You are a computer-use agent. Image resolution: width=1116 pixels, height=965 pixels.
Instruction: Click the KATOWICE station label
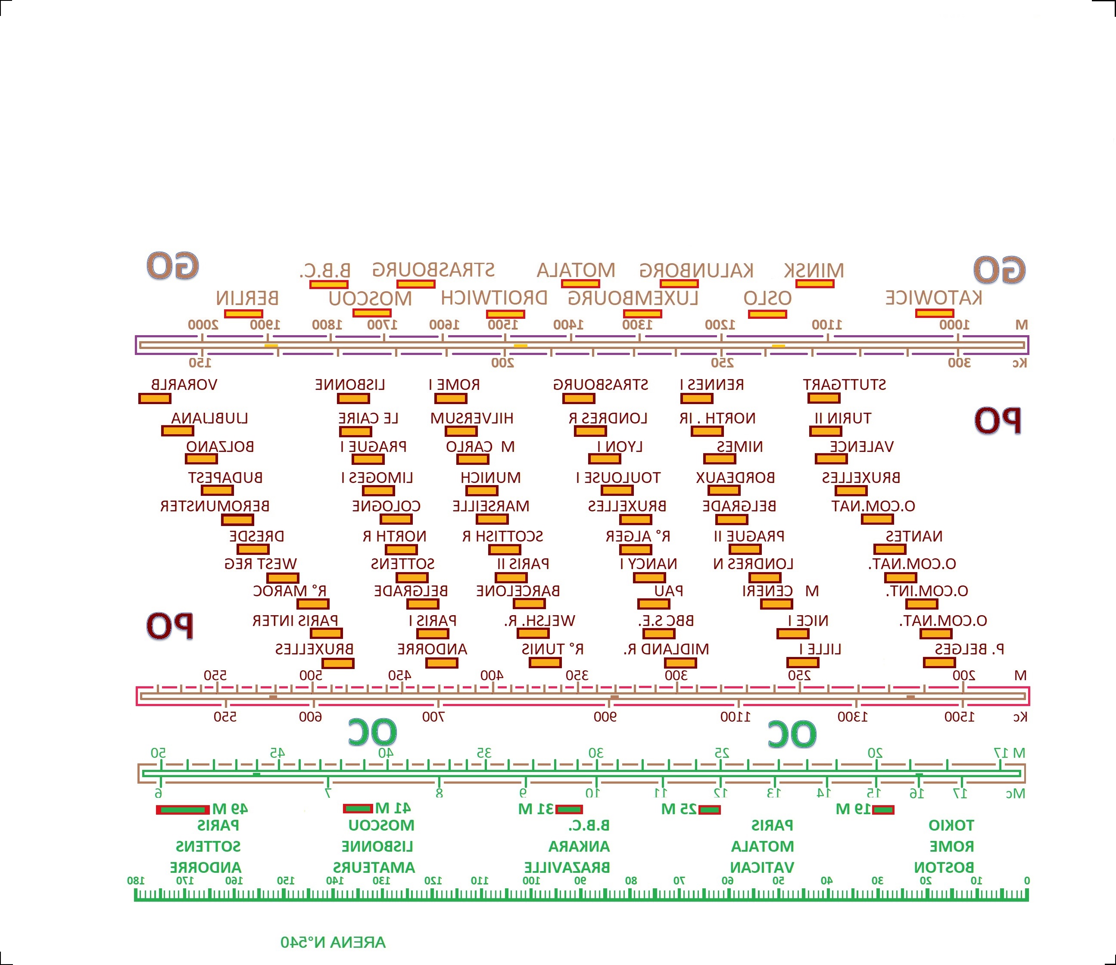point(933,298)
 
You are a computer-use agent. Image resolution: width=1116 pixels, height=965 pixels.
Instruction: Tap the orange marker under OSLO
point(767,314)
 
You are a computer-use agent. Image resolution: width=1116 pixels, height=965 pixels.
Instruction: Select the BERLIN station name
point(247,298)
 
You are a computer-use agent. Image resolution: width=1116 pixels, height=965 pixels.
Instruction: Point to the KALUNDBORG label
point(696,271)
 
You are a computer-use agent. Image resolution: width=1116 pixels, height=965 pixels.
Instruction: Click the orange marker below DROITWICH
point(505,314)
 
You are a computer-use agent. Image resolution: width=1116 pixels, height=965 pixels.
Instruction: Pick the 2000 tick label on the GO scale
point(203,325)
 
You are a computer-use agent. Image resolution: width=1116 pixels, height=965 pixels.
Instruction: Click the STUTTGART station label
point(844,384)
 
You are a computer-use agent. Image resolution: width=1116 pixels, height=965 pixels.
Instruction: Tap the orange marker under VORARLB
point(155,398)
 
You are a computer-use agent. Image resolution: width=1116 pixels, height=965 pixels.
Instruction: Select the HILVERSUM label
point(471,418)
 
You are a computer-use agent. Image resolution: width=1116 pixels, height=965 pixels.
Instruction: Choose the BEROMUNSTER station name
point(215,506)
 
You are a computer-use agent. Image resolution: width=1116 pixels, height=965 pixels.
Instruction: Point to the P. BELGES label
point(969,649)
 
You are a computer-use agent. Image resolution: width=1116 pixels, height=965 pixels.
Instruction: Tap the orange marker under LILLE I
point(802,663)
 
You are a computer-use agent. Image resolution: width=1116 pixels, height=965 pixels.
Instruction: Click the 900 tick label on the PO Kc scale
point(605,717)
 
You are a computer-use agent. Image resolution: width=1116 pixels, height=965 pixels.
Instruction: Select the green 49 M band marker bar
point(183,810)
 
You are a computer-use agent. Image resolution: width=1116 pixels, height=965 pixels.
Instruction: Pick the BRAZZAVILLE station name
point(567,868)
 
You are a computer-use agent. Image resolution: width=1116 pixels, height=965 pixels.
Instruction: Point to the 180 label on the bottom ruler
point(136,881)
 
